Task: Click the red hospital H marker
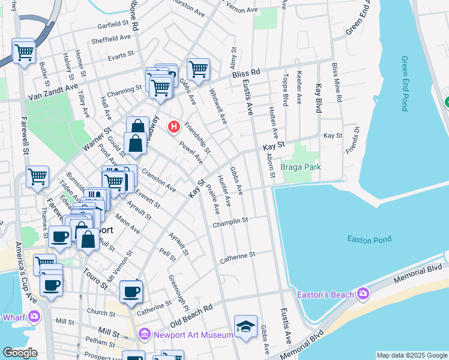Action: pos(174,127)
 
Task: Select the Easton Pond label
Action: pos(369,239)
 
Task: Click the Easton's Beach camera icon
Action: pos(363,294)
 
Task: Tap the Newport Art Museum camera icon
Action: pos(145,334)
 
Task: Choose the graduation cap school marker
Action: pos(246,326)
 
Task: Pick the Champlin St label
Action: pos(231,223)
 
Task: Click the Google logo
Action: pos(20,353)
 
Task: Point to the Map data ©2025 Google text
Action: pos(412,355)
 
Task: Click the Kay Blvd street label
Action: pos(318,98)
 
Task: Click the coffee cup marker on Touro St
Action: pos(131,292)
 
